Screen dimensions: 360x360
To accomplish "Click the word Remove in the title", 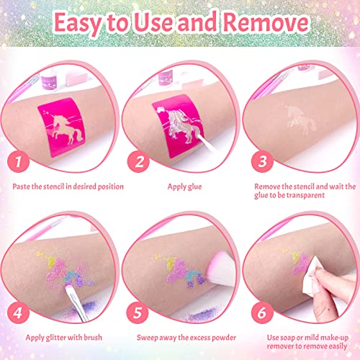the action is coord(266,23).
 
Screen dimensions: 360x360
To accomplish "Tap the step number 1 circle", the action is coord(18,161).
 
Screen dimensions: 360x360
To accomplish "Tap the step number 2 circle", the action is coord(138,161).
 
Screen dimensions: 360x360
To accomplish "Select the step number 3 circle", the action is coord(262,161).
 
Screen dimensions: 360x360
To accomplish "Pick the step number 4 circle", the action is coord(18,312).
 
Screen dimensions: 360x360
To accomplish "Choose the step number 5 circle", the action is coord(138,312).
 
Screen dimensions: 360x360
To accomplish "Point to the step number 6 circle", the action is coord(262,312).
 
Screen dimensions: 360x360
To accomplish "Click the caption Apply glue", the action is coord(184,187).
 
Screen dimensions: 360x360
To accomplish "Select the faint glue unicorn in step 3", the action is coord(301,119).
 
